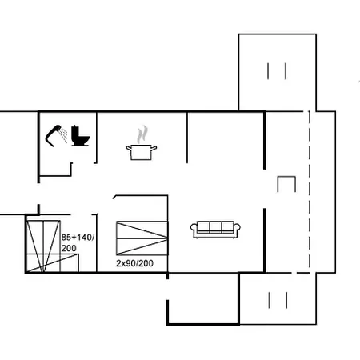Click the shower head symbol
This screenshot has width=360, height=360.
[54, 132]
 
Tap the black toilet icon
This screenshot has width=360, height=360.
[79, 135]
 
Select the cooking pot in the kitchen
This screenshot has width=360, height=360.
[140, 151]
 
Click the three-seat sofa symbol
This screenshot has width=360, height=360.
[215, 229]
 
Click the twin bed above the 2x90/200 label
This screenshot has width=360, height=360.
[141, 238]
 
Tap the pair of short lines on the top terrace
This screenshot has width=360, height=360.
[277, 70]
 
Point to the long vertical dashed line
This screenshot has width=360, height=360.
[309, 192]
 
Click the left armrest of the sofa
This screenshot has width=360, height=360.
[194, 230]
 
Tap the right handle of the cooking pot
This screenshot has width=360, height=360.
[154, 147]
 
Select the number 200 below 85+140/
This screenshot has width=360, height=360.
[69, 249]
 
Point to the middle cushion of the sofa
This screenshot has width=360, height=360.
[215, 227]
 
